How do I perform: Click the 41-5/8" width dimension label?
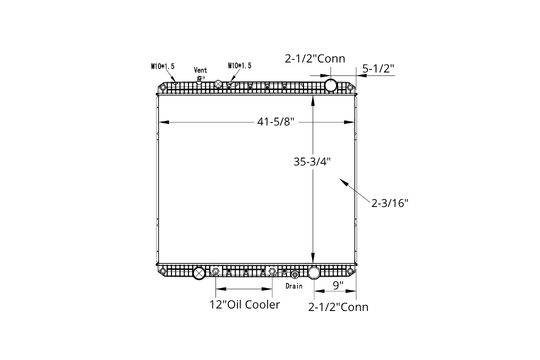[x=275, y=121]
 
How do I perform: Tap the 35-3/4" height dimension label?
[x=312, y=161]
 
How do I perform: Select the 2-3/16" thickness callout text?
[x=389, y=203]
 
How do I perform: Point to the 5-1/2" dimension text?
[x=378, y=68]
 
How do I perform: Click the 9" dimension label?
[x=338, y=285]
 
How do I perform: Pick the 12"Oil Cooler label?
[x=244, y=304]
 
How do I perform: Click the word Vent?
[x=200, y=70]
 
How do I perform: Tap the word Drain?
[x=294, y=286]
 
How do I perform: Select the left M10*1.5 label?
[x=162, y=66]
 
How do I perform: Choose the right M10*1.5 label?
[x=239, y=65]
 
